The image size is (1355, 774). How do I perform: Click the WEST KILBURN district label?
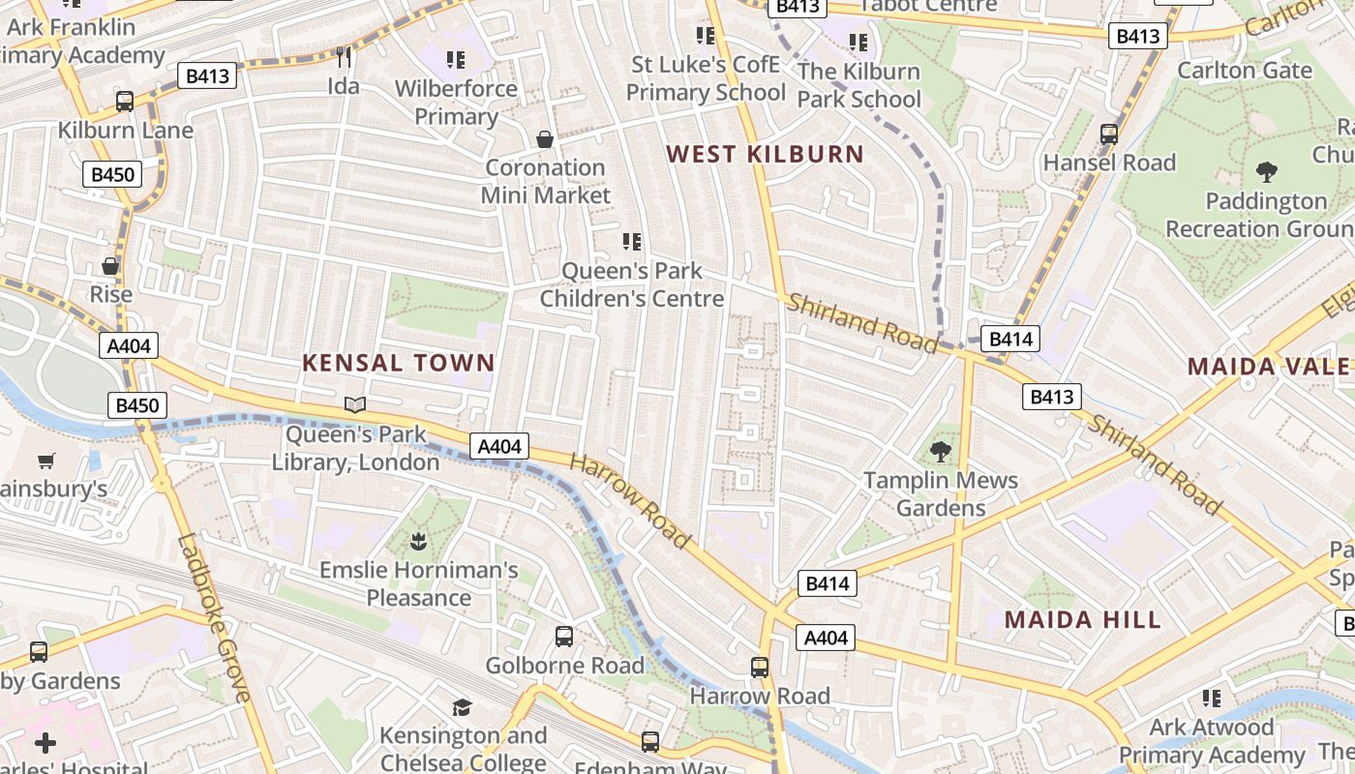coord(765,154)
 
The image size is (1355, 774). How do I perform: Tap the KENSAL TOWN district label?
coord(398,363)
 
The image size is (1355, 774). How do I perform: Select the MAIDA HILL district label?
coord(1082,620)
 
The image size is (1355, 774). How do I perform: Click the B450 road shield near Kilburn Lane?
coord(112,175)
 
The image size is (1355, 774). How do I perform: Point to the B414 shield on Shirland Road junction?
coord(1010,339)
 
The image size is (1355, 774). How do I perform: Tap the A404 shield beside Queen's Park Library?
coord(499,446)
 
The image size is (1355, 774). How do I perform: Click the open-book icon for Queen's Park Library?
coord(355,404)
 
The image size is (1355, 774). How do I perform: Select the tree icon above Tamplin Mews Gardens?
coord(940,451)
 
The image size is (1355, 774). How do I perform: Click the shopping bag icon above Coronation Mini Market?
coord(545,139)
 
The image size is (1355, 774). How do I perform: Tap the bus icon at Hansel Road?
coord(1109,134)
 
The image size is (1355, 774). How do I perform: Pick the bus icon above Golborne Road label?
coord(564,637)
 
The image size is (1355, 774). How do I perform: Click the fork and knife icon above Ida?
coord(342,57)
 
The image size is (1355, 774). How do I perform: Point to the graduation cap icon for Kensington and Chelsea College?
coord(462,707)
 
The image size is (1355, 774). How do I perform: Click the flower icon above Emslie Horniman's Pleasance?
coord(418,540)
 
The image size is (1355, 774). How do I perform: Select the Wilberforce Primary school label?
coord(456,103)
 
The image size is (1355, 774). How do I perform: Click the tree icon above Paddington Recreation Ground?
coord(1266,172)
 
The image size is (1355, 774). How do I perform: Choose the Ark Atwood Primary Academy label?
coord(1212,741)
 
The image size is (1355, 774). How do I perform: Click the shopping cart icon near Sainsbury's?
coord(45,461)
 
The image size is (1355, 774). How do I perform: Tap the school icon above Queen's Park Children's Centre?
coord(632,241)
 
